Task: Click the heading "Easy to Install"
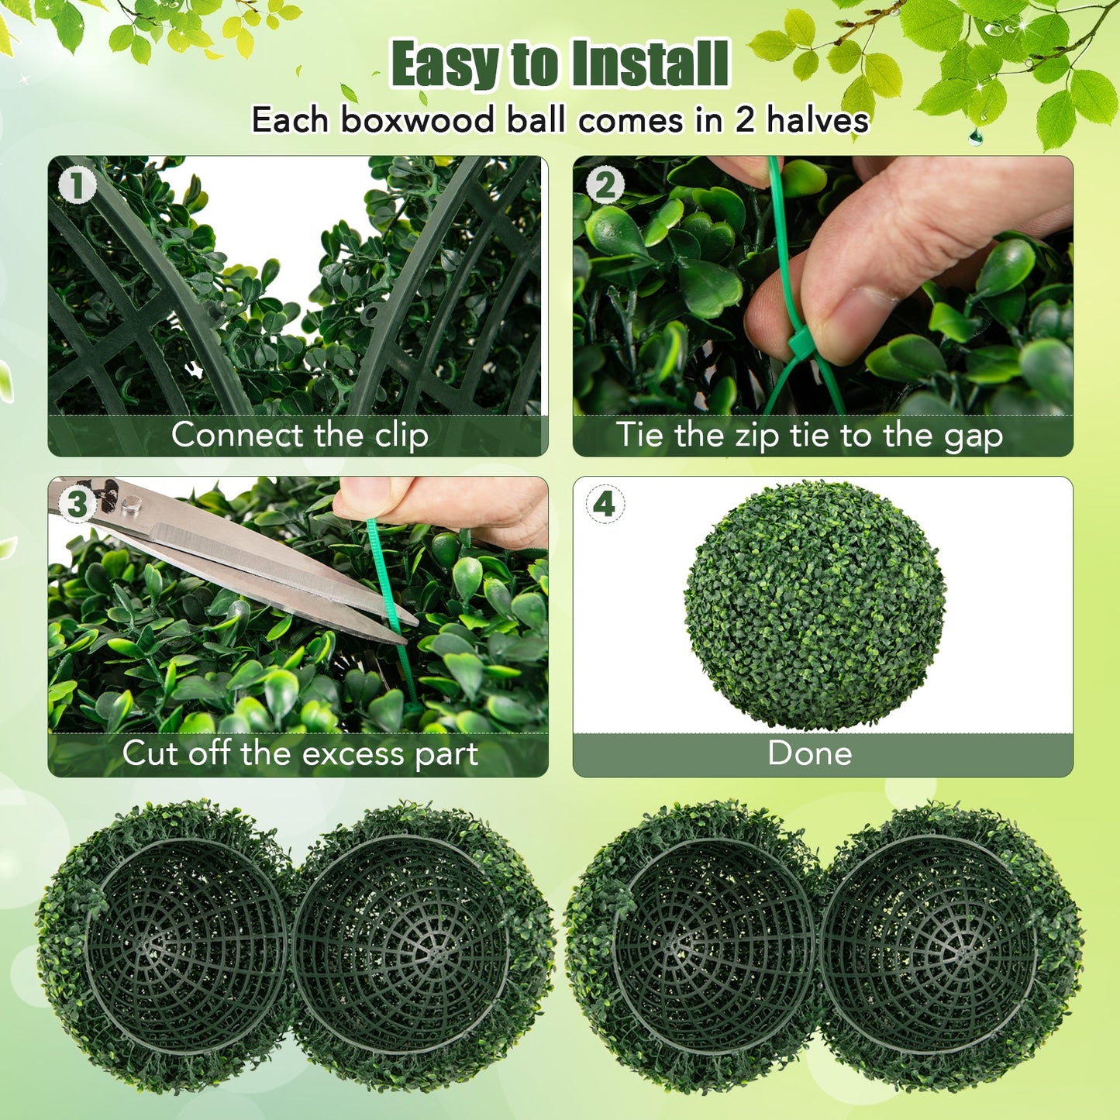coord(560,64)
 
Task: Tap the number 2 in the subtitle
coord(744,121)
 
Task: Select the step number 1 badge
coord(78,186)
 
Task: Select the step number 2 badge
coord(605,186)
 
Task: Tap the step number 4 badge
coord(605,505)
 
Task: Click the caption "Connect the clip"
coord(299,435)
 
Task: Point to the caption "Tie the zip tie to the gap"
coord(809,436)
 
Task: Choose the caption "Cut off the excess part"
coord(300,753)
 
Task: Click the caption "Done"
coord(809,753)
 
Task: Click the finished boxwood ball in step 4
coord(815,605)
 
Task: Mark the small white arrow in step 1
coord(195,370)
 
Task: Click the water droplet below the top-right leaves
coord(975,138)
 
